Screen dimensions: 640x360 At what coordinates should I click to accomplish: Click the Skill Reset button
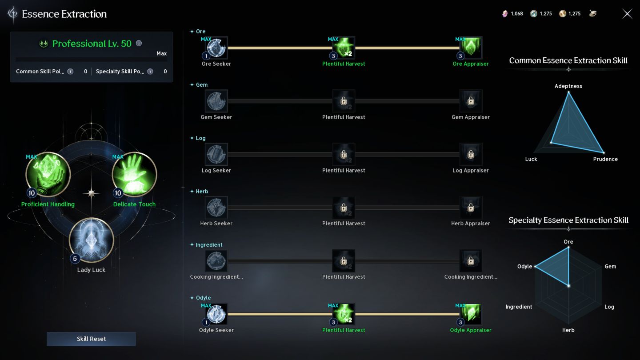point(91,339)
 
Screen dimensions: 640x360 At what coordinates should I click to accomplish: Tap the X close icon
point(627,14)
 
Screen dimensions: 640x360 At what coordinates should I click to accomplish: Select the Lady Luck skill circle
point(92,240)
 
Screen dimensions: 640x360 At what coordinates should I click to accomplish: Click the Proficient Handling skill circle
point(48,175)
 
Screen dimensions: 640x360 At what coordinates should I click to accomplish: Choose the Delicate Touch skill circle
point(134,175)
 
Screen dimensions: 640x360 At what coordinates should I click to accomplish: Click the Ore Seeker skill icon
point(216,48)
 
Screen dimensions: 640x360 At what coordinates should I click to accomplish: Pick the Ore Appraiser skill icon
point(471,48)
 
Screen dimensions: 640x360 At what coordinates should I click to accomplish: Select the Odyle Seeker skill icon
point(216,314)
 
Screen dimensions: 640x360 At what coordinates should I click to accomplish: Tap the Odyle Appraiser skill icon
point(471,314)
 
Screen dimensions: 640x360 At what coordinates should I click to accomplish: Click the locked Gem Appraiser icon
point(471,101)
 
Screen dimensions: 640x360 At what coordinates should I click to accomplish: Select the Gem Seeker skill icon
point(216,101)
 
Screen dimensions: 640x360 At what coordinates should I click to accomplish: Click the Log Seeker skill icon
point(216,154)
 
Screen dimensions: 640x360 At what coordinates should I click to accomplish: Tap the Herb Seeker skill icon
point(216,208)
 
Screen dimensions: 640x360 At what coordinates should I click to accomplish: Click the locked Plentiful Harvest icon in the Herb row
point(344,208)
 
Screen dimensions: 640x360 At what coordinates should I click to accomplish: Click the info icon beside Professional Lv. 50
point(139,43)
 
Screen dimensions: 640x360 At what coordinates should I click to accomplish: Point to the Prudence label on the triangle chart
point(605,159)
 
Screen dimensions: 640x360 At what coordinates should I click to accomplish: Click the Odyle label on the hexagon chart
point(524,266)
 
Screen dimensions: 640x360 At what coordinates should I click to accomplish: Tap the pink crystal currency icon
point(505,14)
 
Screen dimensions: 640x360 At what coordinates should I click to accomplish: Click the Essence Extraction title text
point(64,14)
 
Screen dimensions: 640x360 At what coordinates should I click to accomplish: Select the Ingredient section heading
point(209,245)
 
